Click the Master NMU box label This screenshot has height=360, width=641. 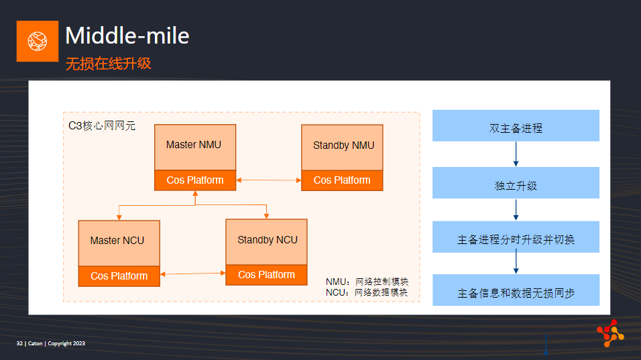tap(193, 145)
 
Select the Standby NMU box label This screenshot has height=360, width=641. tap(343, 145)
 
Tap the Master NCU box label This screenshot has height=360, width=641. tap(117, 240)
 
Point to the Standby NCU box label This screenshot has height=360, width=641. tap(268, 240)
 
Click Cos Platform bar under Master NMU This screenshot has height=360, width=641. tap(195, 180)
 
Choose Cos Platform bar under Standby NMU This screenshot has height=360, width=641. tap(342, 180)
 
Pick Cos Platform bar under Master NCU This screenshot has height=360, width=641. tap(119, 276)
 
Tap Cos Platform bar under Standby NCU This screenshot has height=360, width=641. tap(267, 275)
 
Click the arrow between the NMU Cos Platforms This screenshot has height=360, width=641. tap(269, 180)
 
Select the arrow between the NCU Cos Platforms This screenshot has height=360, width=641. tap(193, 274)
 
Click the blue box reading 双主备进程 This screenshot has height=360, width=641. tap(516, 125)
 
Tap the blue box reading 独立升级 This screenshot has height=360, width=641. tap(516, 182)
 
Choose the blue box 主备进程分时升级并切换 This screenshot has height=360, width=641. tap(516, 237)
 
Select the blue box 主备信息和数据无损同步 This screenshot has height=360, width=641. tap(516, 290)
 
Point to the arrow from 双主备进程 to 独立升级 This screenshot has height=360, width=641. tap(516, 154)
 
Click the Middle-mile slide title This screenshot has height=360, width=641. tap(127, 36)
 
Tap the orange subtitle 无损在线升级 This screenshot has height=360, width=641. tap(109, 63)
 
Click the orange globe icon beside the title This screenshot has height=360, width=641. tap(37, 42)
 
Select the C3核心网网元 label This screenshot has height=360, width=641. tap(102, 125)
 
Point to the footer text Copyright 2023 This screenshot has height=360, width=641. tap(66, 343)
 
